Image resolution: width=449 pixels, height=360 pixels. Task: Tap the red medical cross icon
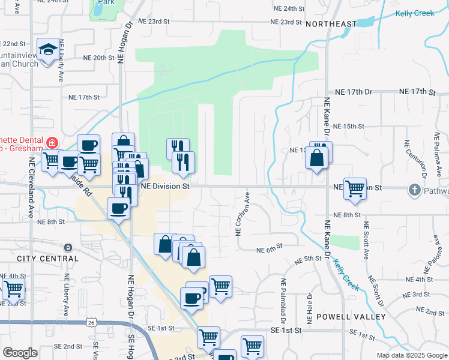point(52,143)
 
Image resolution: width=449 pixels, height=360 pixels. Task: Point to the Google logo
point(20,353)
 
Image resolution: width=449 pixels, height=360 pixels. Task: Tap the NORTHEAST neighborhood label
point(331,23)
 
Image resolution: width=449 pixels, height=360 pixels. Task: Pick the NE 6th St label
point(269,250)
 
